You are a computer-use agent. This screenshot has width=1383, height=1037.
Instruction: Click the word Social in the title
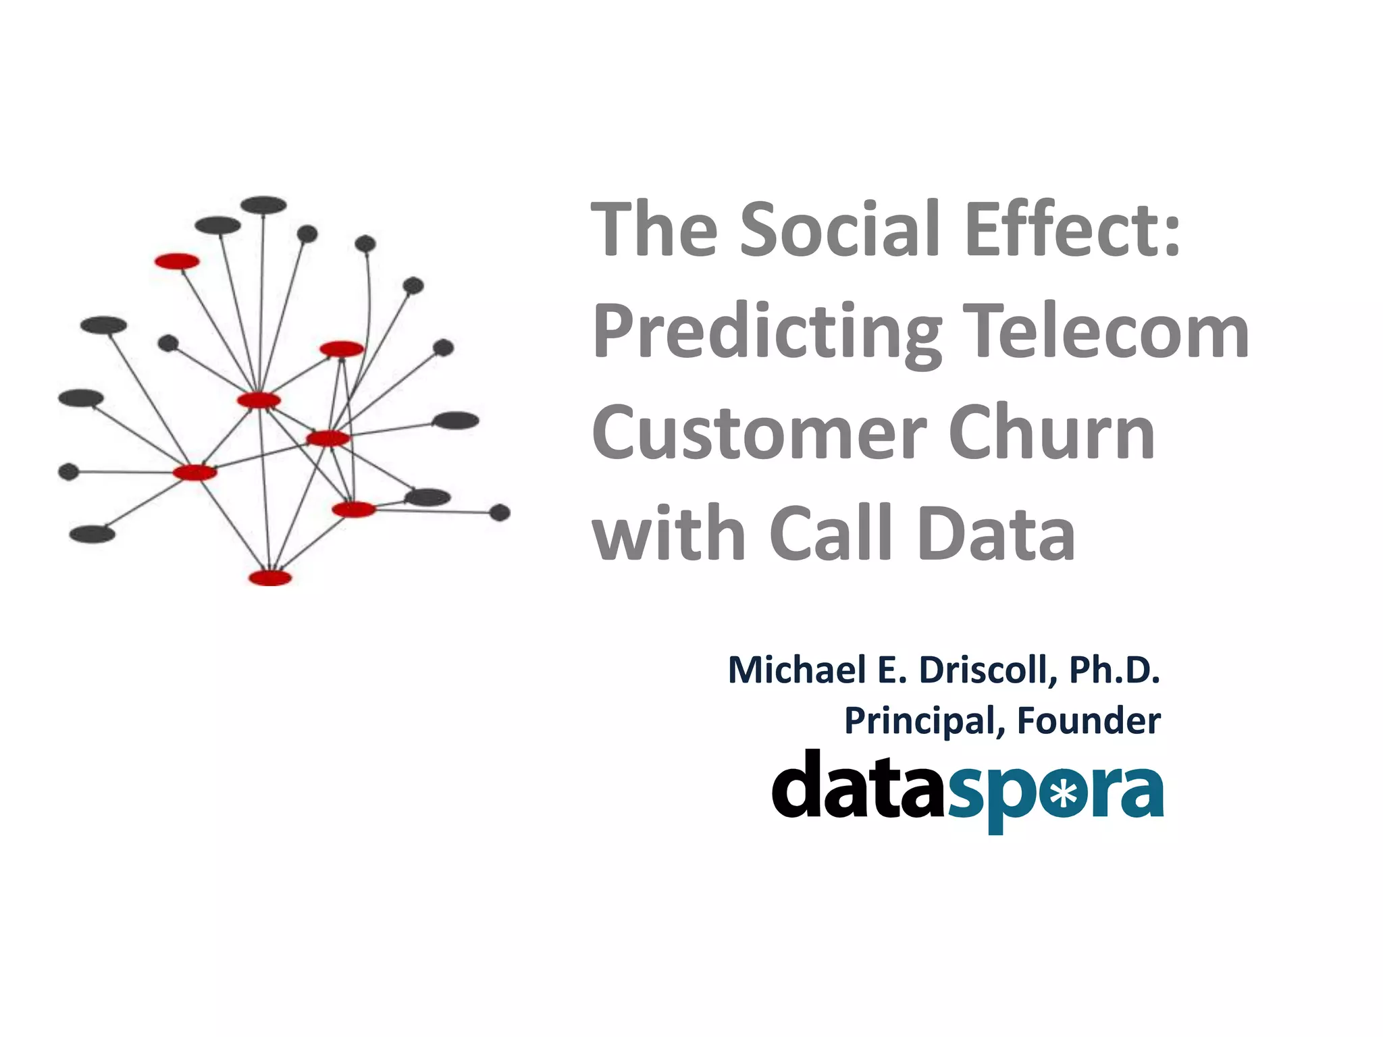point(840,230)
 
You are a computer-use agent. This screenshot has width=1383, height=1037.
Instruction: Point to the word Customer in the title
point(759,433)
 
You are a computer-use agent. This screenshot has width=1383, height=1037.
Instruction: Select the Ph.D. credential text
point(1114,670)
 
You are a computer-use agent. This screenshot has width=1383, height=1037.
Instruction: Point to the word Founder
point(1089,721)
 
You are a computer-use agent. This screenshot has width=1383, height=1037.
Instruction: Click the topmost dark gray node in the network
point(264,205)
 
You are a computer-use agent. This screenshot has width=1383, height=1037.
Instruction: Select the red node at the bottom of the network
point(270,578)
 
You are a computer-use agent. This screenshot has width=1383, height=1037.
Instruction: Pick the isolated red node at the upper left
point(177,261)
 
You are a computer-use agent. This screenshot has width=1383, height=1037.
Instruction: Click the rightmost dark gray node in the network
point(500,513)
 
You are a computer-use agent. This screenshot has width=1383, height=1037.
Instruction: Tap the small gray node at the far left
point(68,471)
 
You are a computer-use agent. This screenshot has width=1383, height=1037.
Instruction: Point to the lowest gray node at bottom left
point(93,535)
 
